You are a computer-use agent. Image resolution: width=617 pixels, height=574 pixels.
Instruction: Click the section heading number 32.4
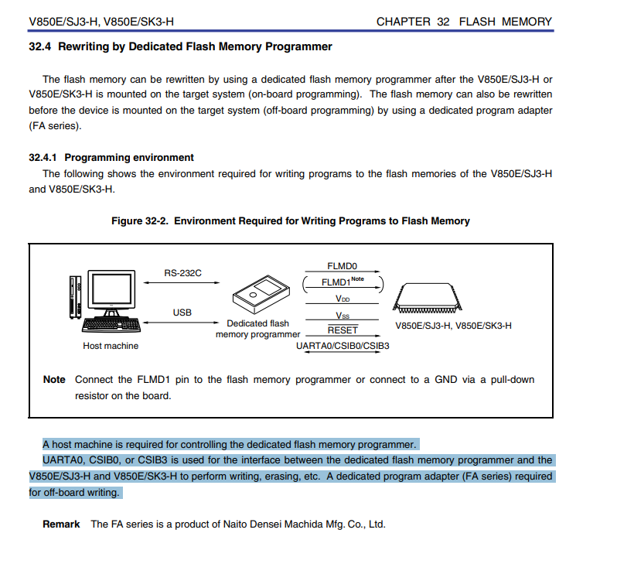(39, 47)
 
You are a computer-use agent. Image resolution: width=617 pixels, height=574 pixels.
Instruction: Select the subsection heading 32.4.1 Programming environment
(111, 157)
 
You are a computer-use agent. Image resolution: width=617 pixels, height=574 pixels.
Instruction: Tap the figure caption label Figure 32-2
(137, 221)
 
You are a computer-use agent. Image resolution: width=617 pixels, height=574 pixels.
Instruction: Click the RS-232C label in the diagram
(183, 273)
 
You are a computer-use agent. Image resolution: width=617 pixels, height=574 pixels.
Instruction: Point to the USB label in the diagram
(182, 313)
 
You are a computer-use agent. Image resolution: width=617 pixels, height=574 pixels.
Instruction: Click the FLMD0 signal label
(342, 266)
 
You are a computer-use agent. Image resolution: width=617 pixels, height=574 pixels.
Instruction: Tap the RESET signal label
(343, 330)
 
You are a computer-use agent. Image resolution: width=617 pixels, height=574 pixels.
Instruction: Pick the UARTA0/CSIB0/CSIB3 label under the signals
(343, 346)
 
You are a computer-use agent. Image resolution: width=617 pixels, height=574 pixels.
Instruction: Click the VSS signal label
(343, 315)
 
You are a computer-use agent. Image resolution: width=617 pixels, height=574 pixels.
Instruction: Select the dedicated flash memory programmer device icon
(260, 295)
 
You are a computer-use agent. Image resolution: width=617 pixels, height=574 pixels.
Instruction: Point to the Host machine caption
(111, 346)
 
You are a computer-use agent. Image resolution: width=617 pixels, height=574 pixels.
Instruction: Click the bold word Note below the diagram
(54, 380)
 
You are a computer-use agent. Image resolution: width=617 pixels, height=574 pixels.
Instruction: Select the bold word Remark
(61, 524)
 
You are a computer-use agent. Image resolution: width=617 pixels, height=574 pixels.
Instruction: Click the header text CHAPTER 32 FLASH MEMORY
(464, 22)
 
